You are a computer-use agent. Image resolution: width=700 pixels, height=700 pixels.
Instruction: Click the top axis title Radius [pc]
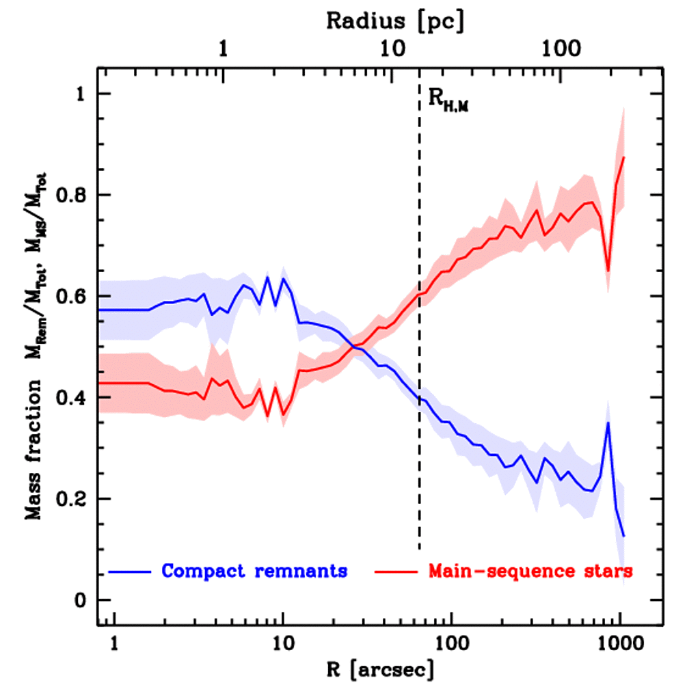pos(395,21)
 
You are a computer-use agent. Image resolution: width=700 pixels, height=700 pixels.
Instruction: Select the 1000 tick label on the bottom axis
pos(619,642)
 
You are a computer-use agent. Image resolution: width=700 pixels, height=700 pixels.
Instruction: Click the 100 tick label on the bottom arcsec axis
pos(450,642)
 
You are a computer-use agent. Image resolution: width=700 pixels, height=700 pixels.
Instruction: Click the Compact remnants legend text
pos(254,571)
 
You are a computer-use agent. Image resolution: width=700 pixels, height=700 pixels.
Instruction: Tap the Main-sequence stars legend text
pos(530,571)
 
